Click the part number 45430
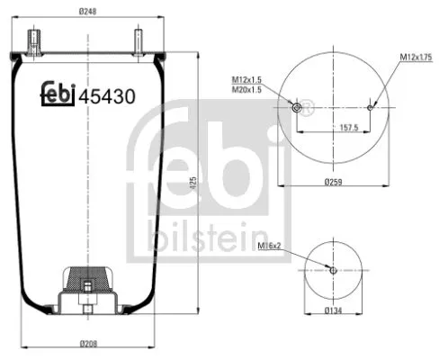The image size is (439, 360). tap(107, 94)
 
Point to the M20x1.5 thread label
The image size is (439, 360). tap(247, 90)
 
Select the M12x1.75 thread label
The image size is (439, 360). tap(416, 58)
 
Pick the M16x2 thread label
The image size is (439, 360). tap(270, 244)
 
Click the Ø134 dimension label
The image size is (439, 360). tap(333, 311)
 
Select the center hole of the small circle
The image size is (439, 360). tap(333, 269)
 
